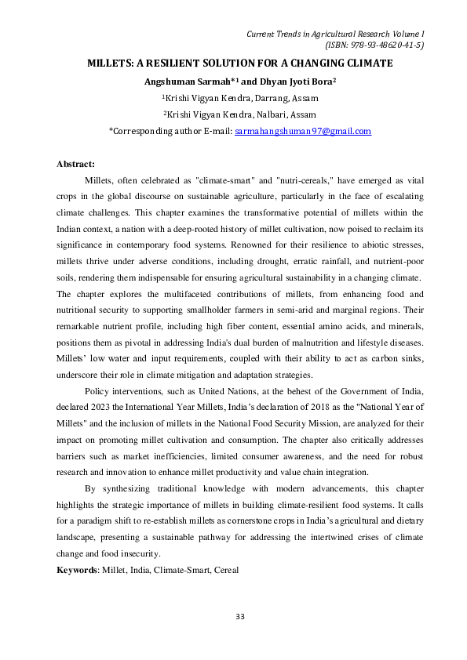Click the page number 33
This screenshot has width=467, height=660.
(241, 618)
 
